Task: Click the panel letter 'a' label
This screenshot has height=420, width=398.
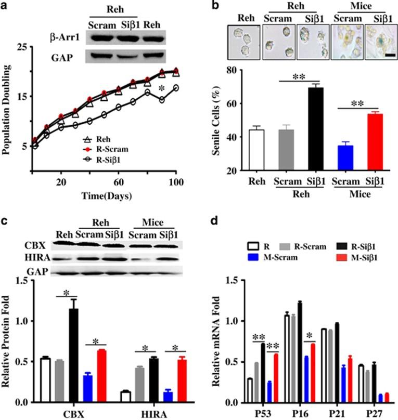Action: click(x=6, y=8)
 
